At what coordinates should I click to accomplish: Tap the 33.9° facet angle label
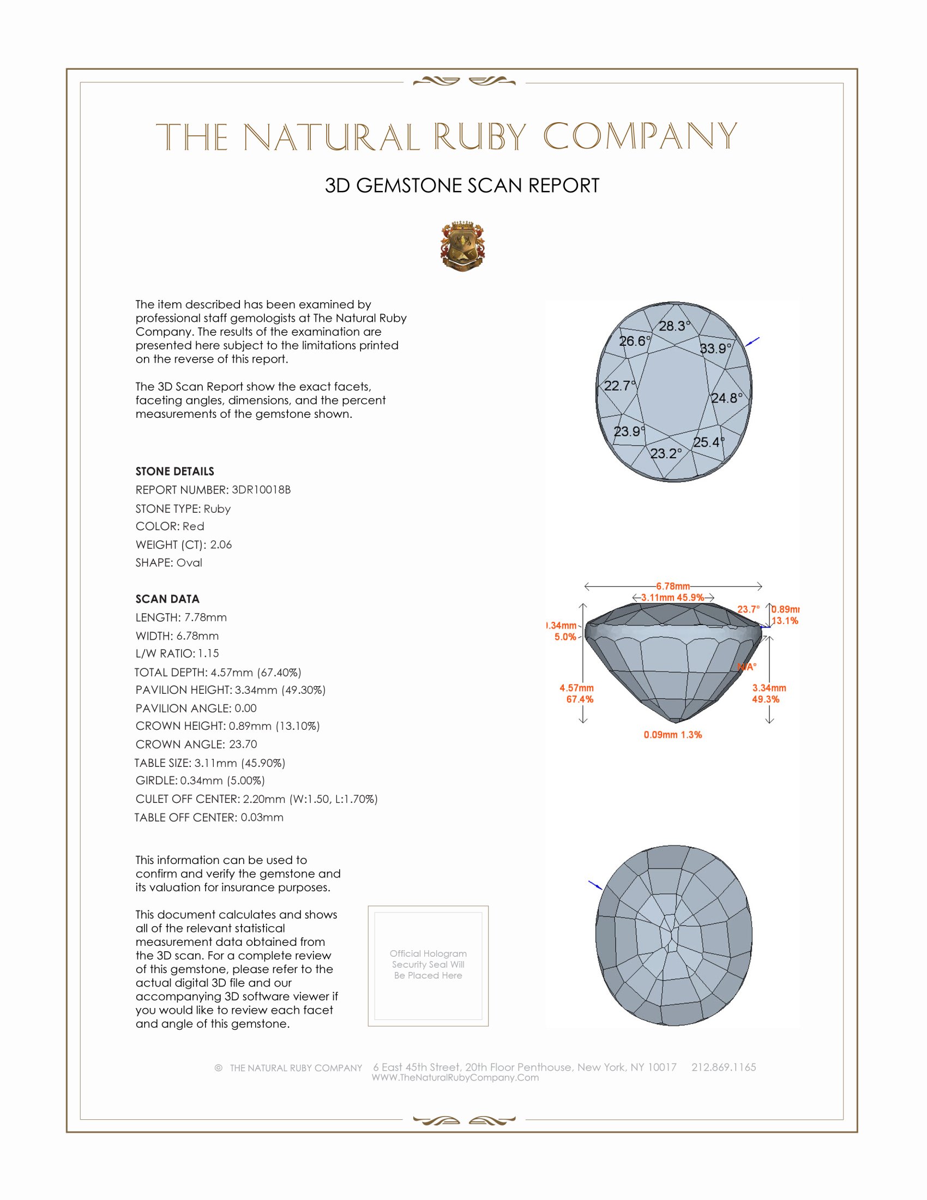[715, 349]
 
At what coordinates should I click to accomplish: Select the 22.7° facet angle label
[619, 386]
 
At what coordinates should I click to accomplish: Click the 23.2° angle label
[666, 453]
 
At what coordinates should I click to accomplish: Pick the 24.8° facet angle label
[726, 398]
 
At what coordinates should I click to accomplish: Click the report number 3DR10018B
[261, 490]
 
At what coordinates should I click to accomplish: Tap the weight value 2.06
[221, 544]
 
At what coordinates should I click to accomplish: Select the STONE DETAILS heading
[174, 471]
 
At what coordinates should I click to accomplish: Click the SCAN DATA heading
[167, 599]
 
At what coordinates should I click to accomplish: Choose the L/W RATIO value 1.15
[208, 653]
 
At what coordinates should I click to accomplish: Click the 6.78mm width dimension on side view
[673, 586]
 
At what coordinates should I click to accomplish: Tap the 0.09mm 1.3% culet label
[673, 735]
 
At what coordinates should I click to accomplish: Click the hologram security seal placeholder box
[428, 965]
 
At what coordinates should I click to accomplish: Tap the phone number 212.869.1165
[723, 1067]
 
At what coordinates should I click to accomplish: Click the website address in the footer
[455, 1077]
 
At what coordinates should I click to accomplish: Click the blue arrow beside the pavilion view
[595, 885]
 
